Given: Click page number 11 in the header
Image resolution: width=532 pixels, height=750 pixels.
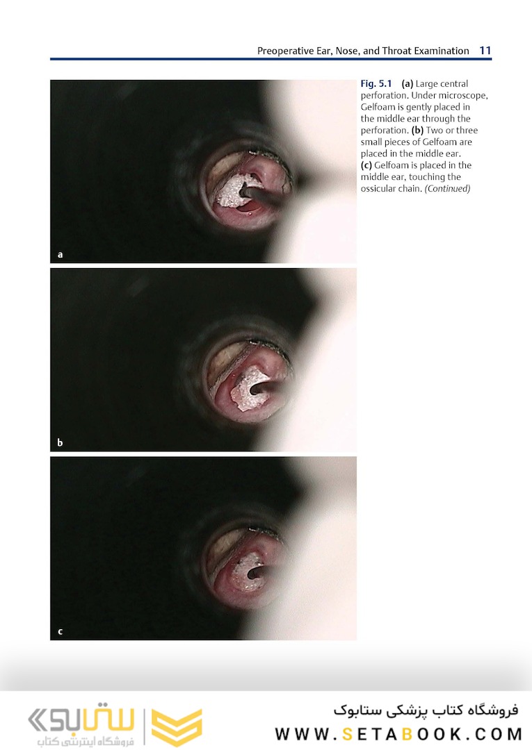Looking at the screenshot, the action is click(x=485, y=51).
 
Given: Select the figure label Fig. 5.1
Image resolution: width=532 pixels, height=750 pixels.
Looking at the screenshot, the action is click(x=376, y=84).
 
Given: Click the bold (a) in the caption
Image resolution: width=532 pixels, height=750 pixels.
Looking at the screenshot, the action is click(x=407, y=84).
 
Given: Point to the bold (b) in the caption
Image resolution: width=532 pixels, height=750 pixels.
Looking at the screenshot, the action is click(x=417, y=130).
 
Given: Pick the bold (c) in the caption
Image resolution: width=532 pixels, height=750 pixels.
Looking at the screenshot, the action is click(x=366, y=165).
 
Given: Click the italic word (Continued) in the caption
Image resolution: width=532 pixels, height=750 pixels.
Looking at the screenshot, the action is click(x=447, y=188).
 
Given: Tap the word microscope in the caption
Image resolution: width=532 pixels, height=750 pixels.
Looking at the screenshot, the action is click(x=462, y=96).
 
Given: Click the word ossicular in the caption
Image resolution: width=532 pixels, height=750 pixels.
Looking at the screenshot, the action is click(x=378, y=188).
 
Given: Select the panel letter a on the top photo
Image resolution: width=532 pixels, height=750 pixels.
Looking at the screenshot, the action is click(x=60, y=254).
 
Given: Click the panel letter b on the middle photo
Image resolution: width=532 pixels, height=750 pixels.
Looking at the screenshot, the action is click(x=60, y=442).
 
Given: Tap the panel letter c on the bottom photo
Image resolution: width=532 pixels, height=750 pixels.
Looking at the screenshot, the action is click(x=60, y=631).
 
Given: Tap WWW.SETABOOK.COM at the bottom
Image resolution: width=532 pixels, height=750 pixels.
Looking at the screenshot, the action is click(x=399, y=734).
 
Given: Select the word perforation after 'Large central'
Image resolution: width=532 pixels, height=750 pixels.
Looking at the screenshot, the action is click(x=383, y=96).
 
